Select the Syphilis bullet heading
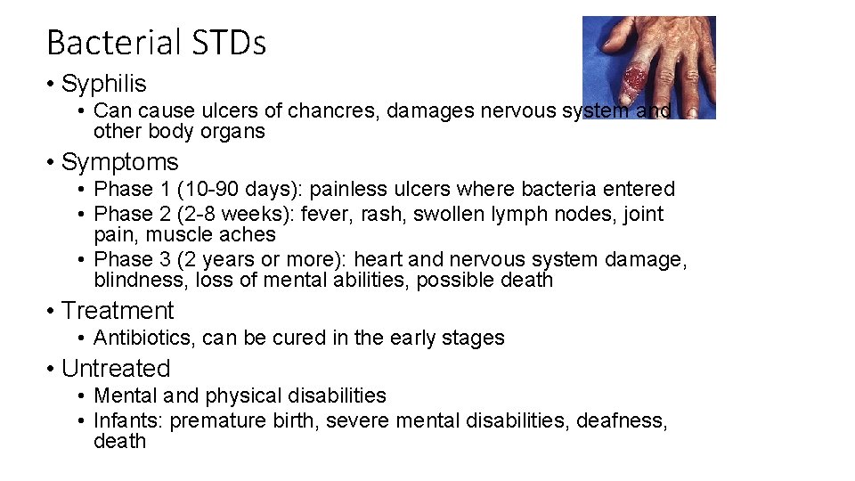[x=103, y=85]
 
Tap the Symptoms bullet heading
[x=119, y=162]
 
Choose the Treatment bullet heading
[x=118, y=311]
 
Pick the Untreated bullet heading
[x=116, y=369]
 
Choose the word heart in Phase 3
[x=379, y=259]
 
